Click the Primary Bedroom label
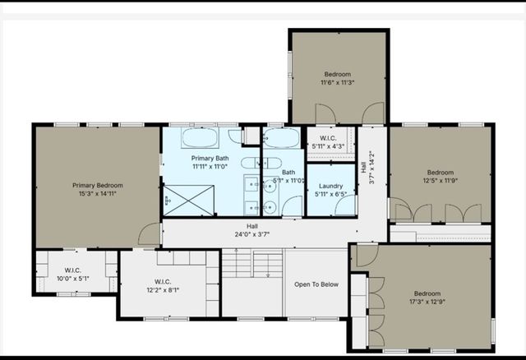point(96,186)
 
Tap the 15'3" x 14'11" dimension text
point(96,195)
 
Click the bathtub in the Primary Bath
point(200,136)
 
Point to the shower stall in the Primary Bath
point(188,200)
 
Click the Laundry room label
point(330,186)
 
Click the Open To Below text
point(316,284)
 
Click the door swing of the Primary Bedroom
point(150,234)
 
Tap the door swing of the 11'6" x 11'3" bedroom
point(372,113)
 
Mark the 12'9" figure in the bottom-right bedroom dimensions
point(440,303)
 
